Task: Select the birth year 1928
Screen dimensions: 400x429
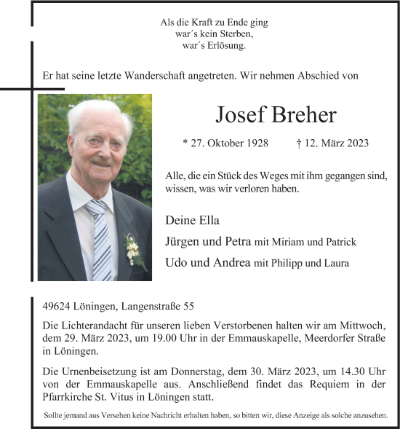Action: [266, 143]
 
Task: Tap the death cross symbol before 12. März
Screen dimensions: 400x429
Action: [300, 143]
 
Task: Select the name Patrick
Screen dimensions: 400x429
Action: [340, 242]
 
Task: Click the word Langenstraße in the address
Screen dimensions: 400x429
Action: [149, 308]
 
